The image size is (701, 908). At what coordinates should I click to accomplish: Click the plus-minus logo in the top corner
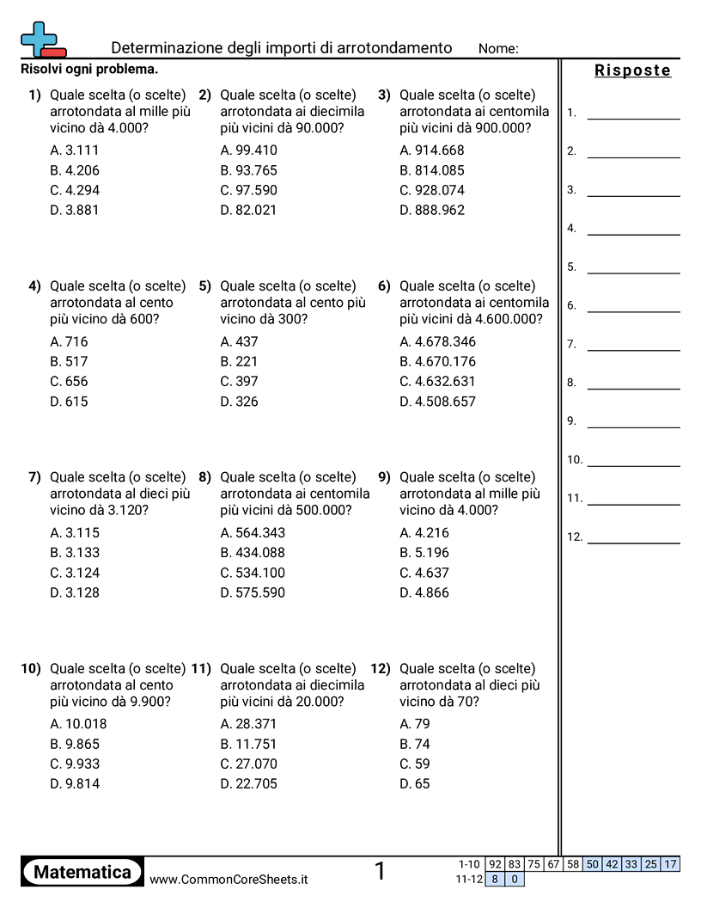coord(41,40)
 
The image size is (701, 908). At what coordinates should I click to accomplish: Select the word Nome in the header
coord(497,49)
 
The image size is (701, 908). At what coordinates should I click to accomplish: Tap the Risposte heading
coord(632,71)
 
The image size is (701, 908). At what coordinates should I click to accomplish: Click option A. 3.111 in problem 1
coord(75,150)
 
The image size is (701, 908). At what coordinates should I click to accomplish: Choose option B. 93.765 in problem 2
coord(248,170)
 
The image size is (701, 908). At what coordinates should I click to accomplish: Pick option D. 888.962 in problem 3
coord(432,210)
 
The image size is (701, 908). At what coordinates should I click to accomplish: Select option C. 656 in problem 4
coord(69,382)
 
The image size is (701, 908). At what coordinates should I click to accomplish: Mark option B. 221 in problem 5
coord(239,362)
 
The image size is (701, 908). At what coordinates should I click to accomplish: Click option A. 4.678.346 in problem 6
coord(437,341)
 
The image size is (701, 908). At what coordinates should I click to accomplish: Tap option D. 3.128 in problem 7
coord(75,592)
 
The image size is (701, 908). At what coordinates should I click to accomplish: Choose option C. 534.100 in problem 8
coord(253,573)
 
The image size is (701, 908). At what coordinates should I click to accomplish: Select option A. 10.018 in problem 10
coord(78,724)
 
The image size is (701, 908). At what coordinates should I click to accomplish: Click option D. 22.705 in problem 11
coord(248,784)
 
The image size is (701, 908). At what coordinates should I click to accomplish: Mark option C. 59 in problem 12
coord(415,764)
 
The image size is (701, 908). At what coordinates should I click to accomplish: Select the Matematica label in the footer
coord(82,873)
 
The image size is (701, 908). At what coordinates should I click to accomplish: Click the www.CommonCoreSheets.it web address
coord(229,880)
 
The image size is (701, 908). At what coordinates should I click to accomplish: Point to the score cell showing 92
coord(494,864)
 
